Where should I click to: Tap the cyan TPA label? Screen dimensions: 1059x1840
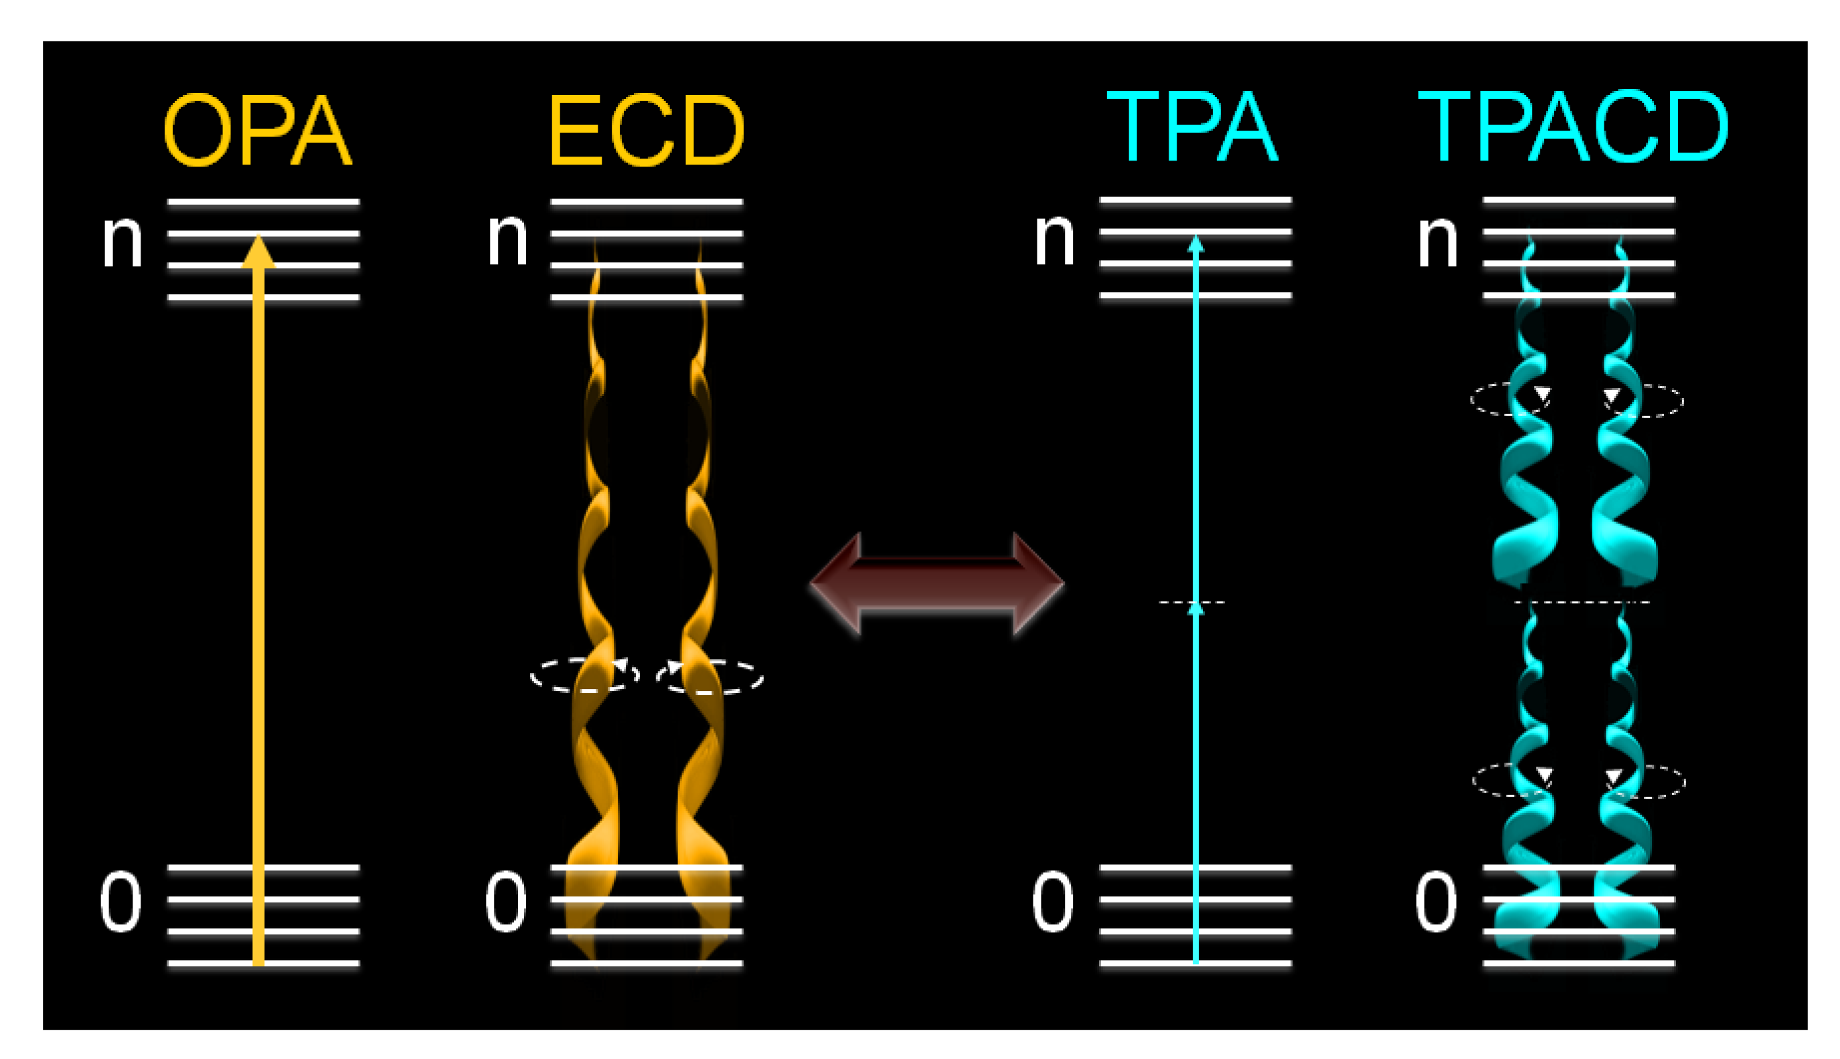tap(1191, 128)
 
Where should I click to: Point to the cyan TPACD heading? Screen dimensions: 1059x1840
tap(1573, 128)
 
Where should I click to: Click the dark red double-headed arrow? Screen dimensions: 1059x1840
tap(936, 583)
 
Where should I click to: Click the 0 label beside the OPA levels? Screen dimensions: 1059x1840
tap(120, 902)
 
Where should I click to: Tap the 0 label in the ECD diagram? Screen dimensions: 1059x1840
tap(505, 902)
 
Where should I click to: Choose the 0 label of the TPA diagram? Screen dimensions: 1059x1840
tap(1052, 902)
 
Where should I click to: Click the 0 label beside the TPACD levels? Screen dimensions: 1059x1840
tap(1436, 902)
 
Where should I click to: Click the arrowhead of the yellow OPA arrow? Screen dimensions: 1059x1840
tap(258, 252)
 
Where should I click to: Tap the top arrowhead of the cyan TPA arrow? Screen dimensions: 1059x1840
tap(1195, 244)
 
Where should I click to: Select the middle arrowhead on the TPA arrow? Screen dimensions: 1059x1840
tap(1195, 609)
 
